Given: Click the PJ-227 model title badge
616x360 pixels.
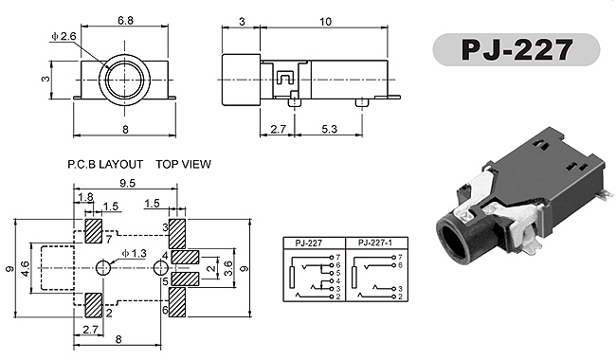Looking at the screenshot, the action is click(x=516, y=49).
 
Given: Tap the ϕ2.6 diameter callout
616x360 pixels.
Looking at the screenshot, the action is click(x=63, y=37).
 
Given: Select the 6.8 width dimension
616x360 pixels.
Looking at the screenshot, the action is click(x=125, y=21).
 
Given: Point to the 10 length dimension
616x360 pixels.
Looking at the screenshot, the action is click(x=325, y=22).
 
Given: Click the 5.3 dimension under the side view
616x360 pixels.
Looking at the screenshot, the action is click(x=329, y=129).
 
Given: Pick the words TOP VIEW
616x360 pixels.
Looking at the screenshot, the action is click(x=183, y=164).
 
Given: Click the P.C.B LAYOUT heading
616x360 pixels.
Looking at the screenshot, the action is click(x=105, y=164).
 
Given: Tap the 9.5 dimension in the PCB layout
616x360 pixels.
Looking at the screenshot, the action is click(x=127, y=184).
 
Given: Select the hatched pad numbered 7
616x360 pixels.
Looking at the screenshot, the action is click(x=94, y=231).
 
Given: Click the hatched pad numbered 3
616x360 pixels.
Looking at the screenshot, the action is click(x=177, y=234).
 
